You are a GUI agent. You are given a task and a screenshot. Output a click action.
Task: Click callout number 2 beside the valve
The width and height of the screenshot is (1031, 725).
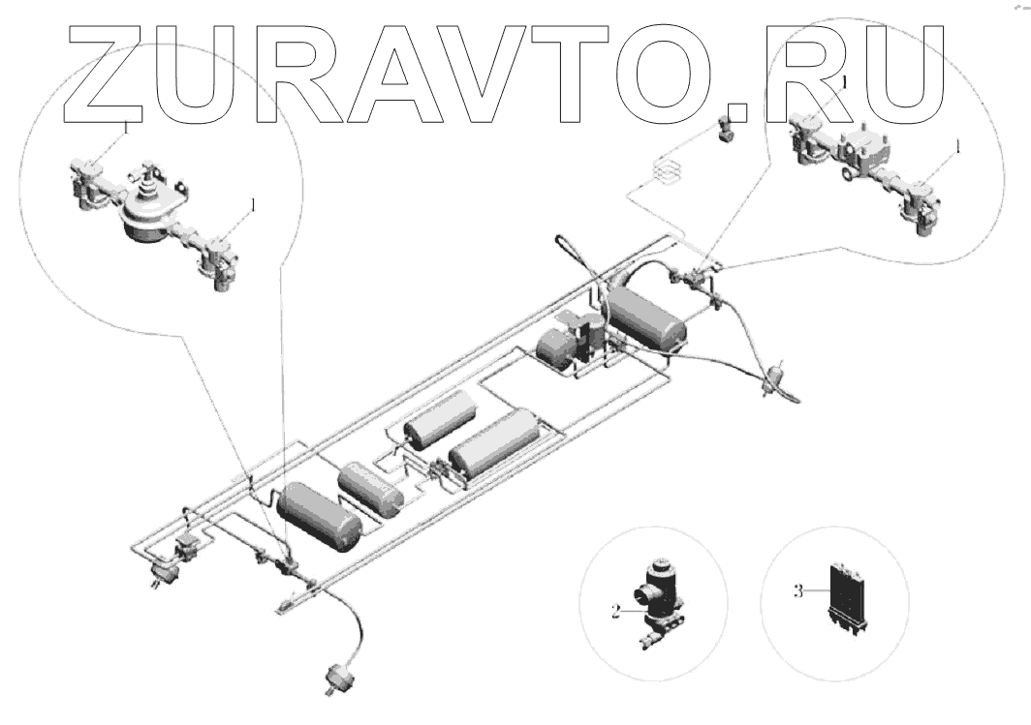click(615, 611)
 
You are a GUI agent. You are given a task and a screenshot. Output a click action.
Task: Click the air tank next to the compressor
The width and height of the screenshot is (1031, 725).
click(646, 316)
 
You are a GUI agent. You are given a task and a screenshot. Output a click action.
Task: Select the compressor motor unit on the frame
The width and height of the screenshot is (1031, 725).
click(572, 344)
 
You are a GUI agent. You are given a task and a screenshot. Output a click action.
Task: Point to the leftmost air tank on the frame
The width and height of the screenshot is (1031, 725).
click(319, 514)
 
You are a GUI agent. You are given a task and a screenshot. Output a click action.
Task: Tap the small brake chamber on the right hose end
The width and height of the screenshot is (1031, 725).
click(773, 378)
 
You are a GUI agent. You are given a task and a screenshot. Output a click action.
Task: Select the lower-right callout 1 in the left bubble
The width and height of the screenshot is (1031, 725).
click(254, 205)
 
